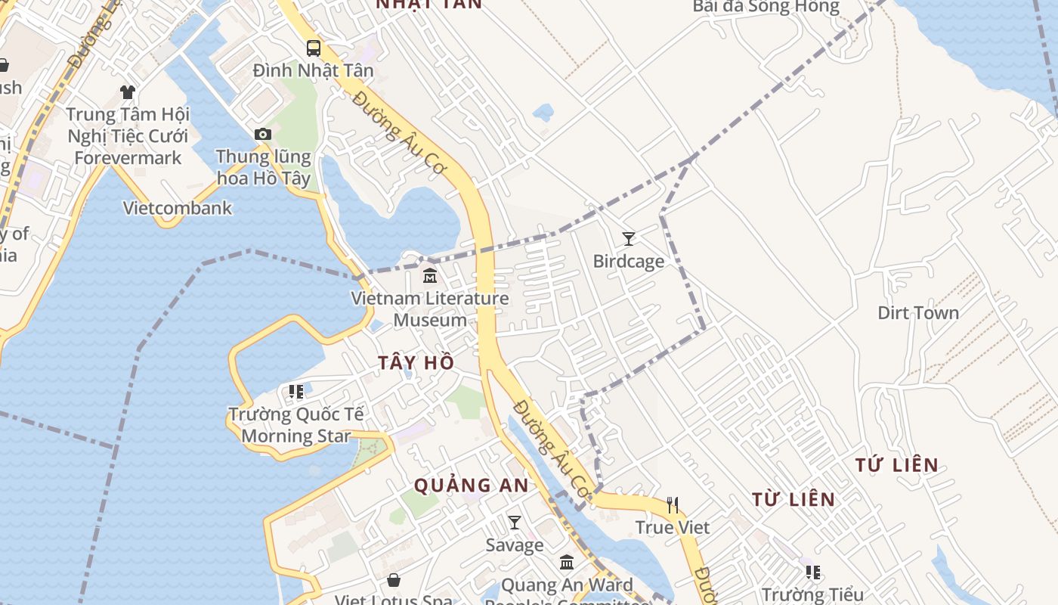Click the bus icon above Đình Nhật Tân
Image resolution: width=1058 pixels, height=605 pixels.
313,48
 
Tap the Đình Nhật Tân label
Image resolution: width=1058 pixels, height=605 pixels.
313,70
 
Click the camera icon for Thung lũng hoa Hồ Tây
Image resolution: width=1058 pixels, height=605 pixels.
262,135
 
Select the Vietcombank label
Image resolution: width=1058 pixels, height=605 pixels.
178,208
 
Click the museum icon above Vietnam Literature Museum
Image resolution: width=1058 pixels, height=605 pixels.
430,275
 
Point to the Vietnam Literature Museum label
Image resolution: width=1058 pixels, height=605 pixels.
430,309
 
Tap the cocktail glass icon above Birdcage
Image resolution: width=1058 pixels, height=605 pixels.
628,239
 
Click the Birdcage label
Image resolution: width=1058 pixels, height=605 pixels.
628,262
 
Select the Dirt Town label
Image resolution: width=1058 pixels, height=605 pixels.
917,313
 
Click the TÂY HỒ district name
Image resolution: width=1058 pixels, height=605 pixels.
416,363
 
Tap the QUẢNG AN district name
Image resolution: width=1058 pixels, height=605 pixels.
472,486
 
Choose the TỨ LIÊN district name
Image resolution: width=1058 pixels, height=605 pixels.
897,465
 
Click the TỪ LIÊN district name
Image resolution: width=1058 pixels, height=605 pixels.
793,499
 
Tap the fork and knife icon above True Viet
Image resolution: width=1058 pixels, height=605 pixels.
673,504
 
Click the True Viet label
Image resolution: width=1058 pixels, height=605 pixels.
673,527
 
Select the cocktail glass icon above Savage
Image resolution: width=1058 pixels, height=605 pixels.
515,523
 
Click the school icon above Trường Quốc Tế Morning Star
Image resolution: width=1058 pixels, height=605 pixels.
296,392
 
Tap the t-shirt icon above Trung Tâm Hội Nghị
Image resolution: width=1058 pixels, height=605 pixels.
128,92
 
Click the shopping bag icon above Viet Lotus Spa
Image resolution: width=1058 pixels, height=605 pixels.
394,580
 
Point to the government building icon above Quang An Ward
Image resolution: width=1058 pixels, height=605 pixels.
567,563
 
